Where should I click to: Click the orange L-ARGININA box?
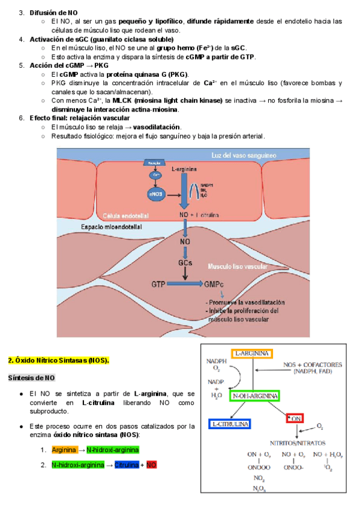tap(251, 354)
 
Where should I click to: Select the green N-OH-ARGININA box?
tap(255, 396)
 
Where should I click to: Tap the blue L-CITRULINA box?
tap(230, 424)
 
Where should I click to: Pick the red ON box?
tap(295, 417)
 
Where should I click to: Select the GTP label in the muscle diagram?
tap(158, 283)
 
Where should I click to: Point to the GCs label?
tap(185, 263)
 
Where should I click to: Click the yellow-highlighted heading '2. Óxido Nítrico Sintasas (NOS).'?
tap(58, 361)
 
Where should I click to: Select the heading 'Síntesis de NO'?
tap(31, 378)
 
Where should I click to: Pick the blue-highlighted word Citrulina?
tap(127, 465)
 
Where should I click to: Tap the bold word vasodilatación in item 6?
tap(157, 127)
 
